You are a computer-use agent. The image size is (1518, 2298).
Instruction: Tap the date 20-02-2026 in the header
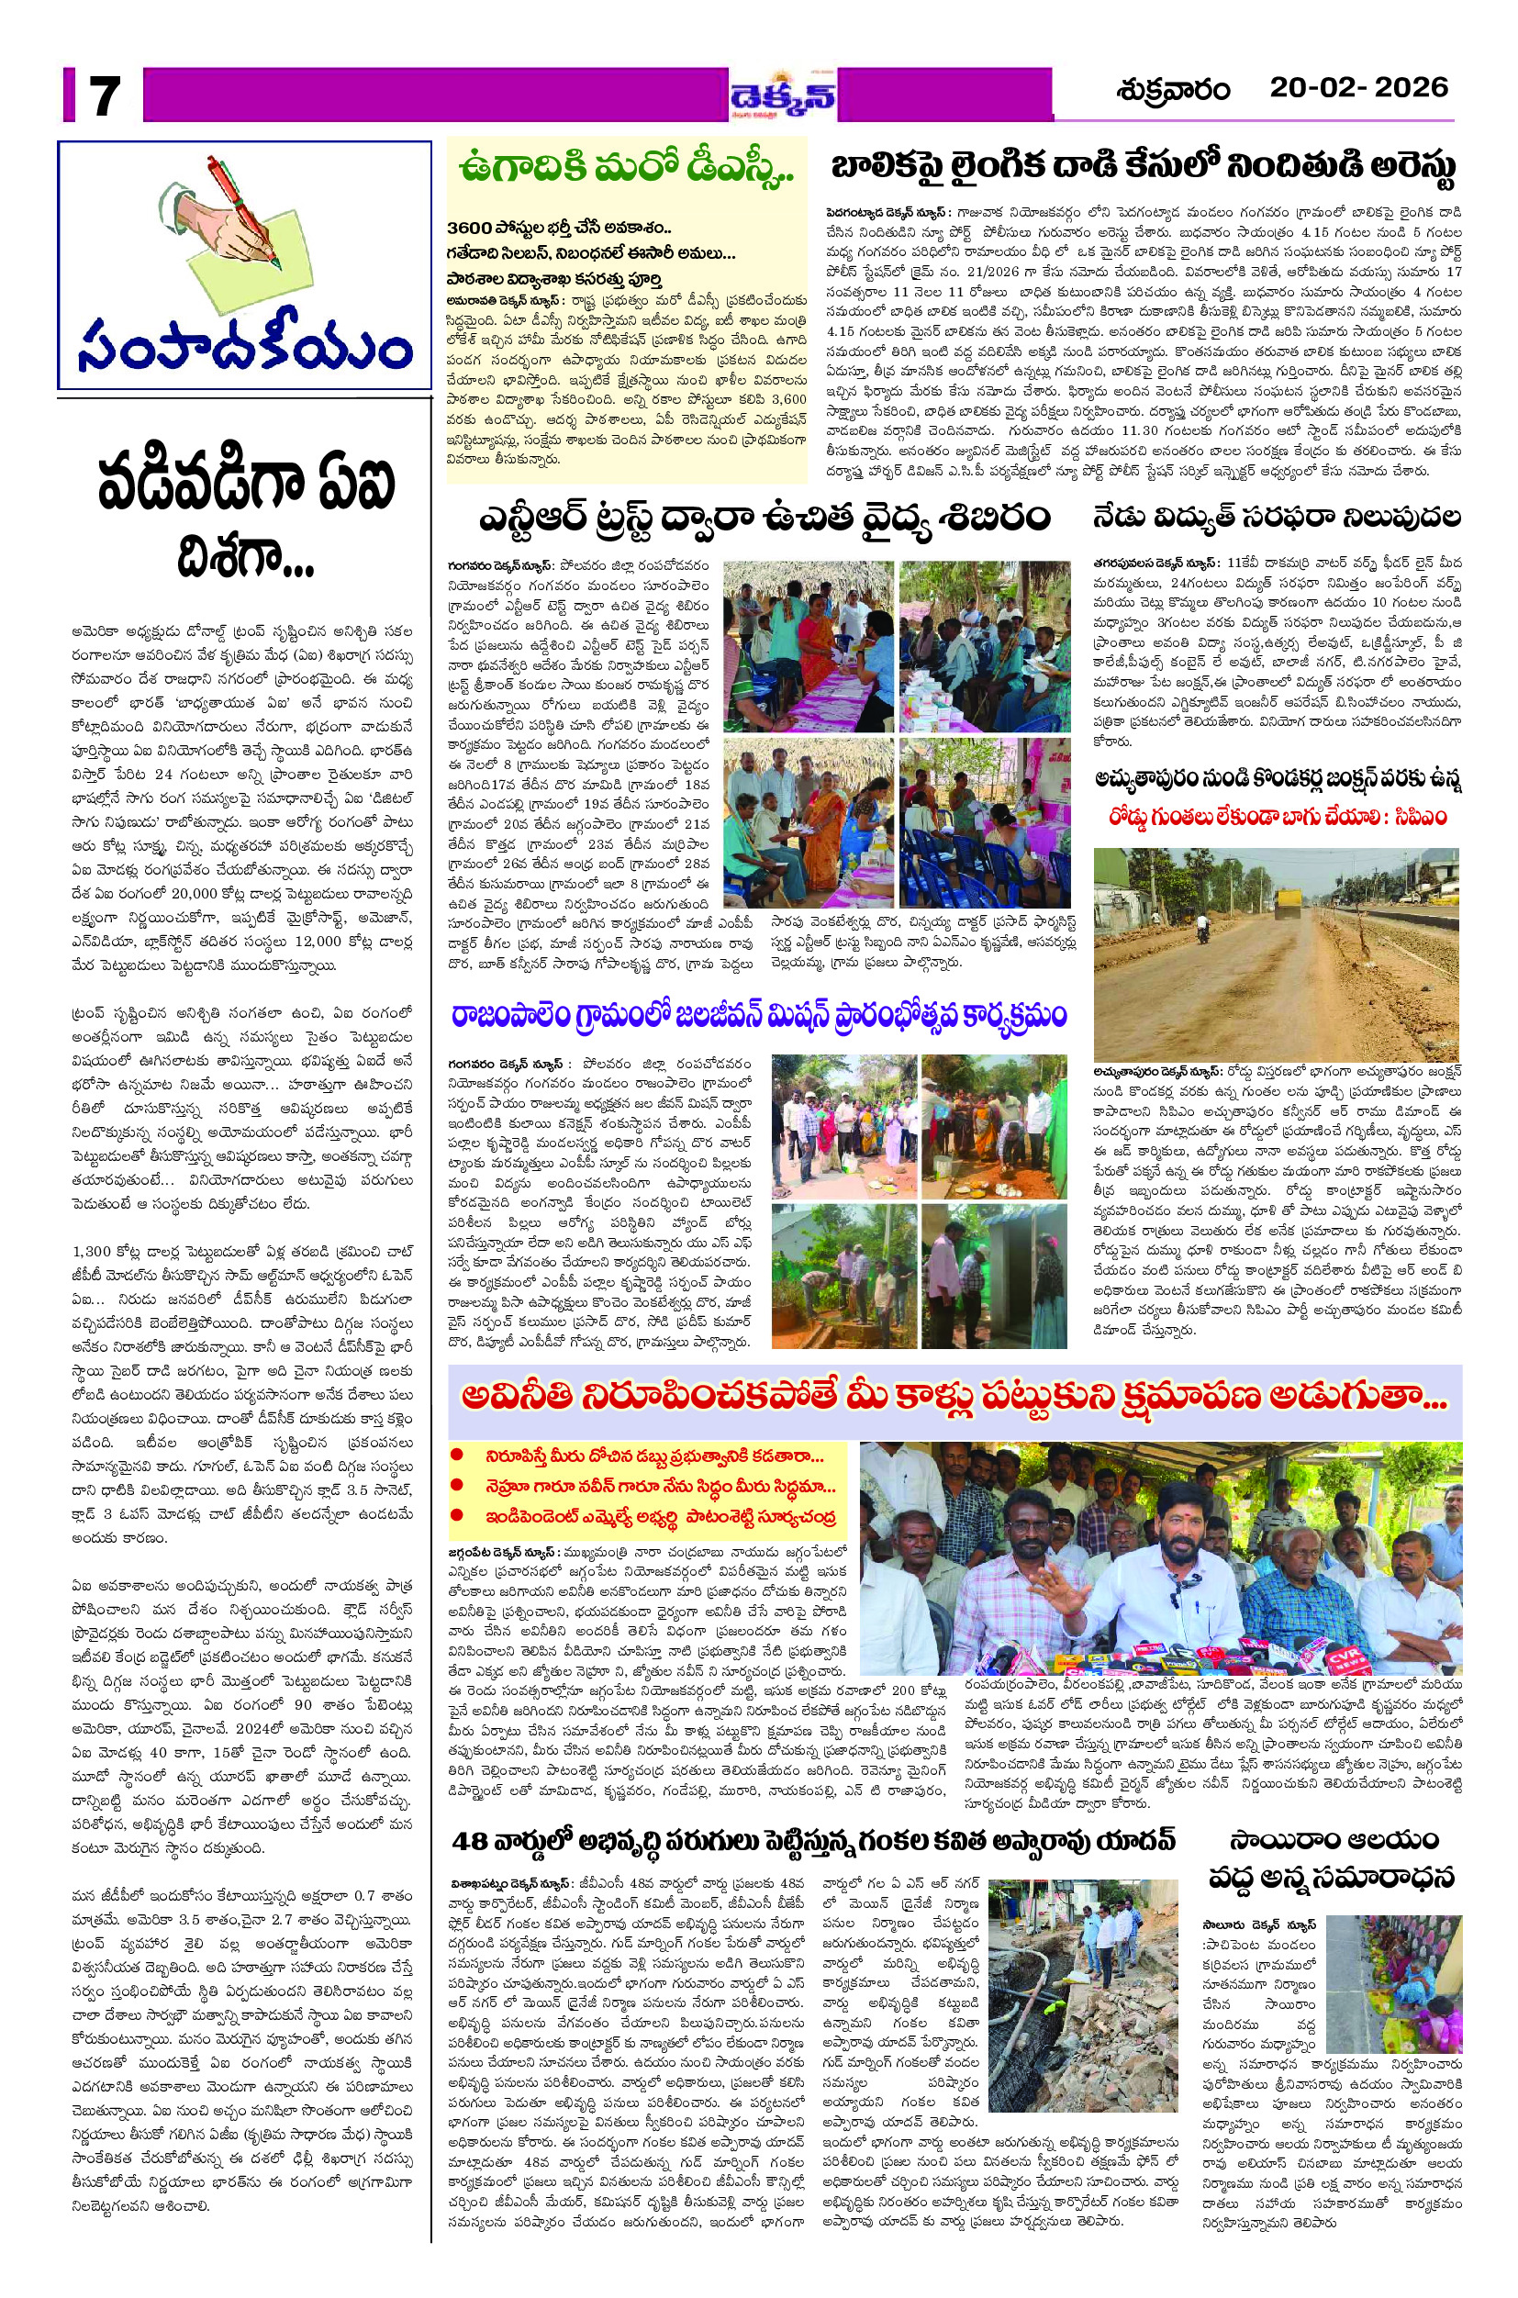pyautogui.click(x=1358, y=88)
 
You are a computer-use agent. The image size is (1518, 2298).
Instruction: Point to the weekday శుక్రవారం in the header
pyautogui.click(x=1172, y=90)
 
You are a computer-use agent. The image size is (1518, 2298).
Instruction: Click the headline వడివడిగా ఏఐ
pyautogui.click(x=246, y=485)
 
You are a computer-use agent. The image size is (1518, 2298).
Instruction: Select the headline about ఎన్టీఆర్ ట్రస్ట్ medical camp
pyautogui.click(x=764, y=517)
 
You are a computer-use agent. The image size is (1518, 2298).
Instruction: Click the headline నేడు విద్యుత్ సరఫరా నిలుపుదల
pyautogui.click(x=1277, y=518)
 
